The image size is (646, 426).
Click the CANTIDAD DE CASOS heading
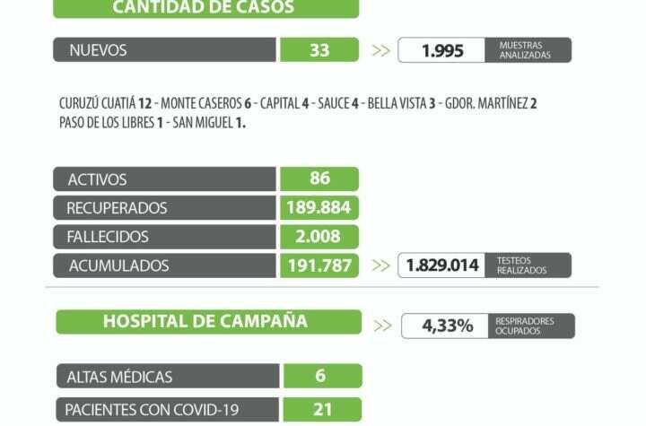205,8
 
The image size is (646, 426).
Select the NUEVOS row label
99,50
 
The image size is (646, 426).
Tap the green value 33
319,50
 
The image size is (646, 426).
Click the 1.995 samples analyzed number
443,51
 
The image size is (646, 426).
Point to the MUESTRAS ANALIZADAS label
525,50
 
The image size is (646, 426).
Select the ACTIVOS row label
98,179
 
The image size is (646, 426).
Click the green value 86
319,179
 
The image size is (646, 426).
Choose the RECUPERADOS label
117,208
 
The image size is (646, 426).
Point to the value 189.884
319,208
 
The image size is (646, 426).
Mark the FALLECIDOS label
108,237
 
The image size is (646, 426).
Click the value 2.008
319,237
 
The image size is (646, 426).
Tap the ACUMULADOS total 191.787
319,265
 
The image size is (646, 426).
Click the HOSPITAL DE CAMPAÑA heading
205,321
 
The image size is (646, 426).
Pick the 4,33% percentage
448,326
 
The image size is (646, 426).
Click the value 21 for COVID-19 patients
321,410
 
